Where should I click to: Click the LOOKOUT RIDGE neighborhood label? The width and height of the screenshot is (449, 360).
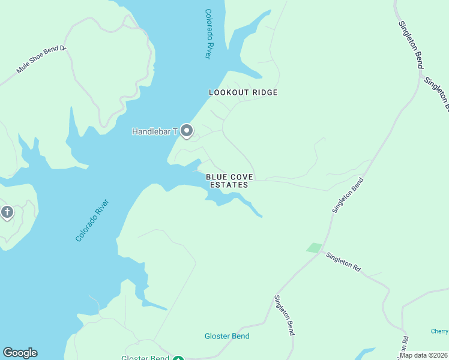point(243,92)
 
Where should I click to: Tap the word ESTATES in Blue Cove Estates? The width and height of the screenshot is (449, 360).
point(229,185)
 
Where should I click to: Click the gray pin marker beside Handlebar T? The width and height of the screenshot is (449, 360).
point(186,131)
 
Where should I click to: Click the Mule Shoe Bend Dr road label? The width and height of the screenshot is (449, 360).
point(41,59)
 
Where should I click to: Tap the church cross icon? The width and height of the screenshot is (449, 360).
point(7,212)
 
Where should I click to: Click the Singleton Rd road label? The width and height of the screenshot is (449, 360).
point(343,263)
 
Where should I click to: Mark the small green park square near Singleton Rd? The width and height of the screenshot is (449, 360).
point(314,247)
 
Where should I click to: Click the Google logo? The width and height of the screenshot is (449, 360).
point(20,353)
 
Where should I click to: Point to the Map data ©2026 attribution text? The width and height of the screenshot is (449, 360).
point(423,355)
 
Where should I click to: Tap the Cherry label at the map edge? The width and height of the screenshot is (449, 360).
point(439,331)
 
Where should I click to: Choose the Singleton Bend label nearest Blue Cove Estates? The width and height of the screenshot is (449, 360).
point(348,195)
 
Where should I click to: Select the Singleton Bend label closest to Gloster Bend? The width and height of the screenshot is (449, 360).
point(285,315)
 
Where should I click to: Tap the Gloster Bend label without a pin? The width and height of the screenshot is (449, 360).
point(227,336)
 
